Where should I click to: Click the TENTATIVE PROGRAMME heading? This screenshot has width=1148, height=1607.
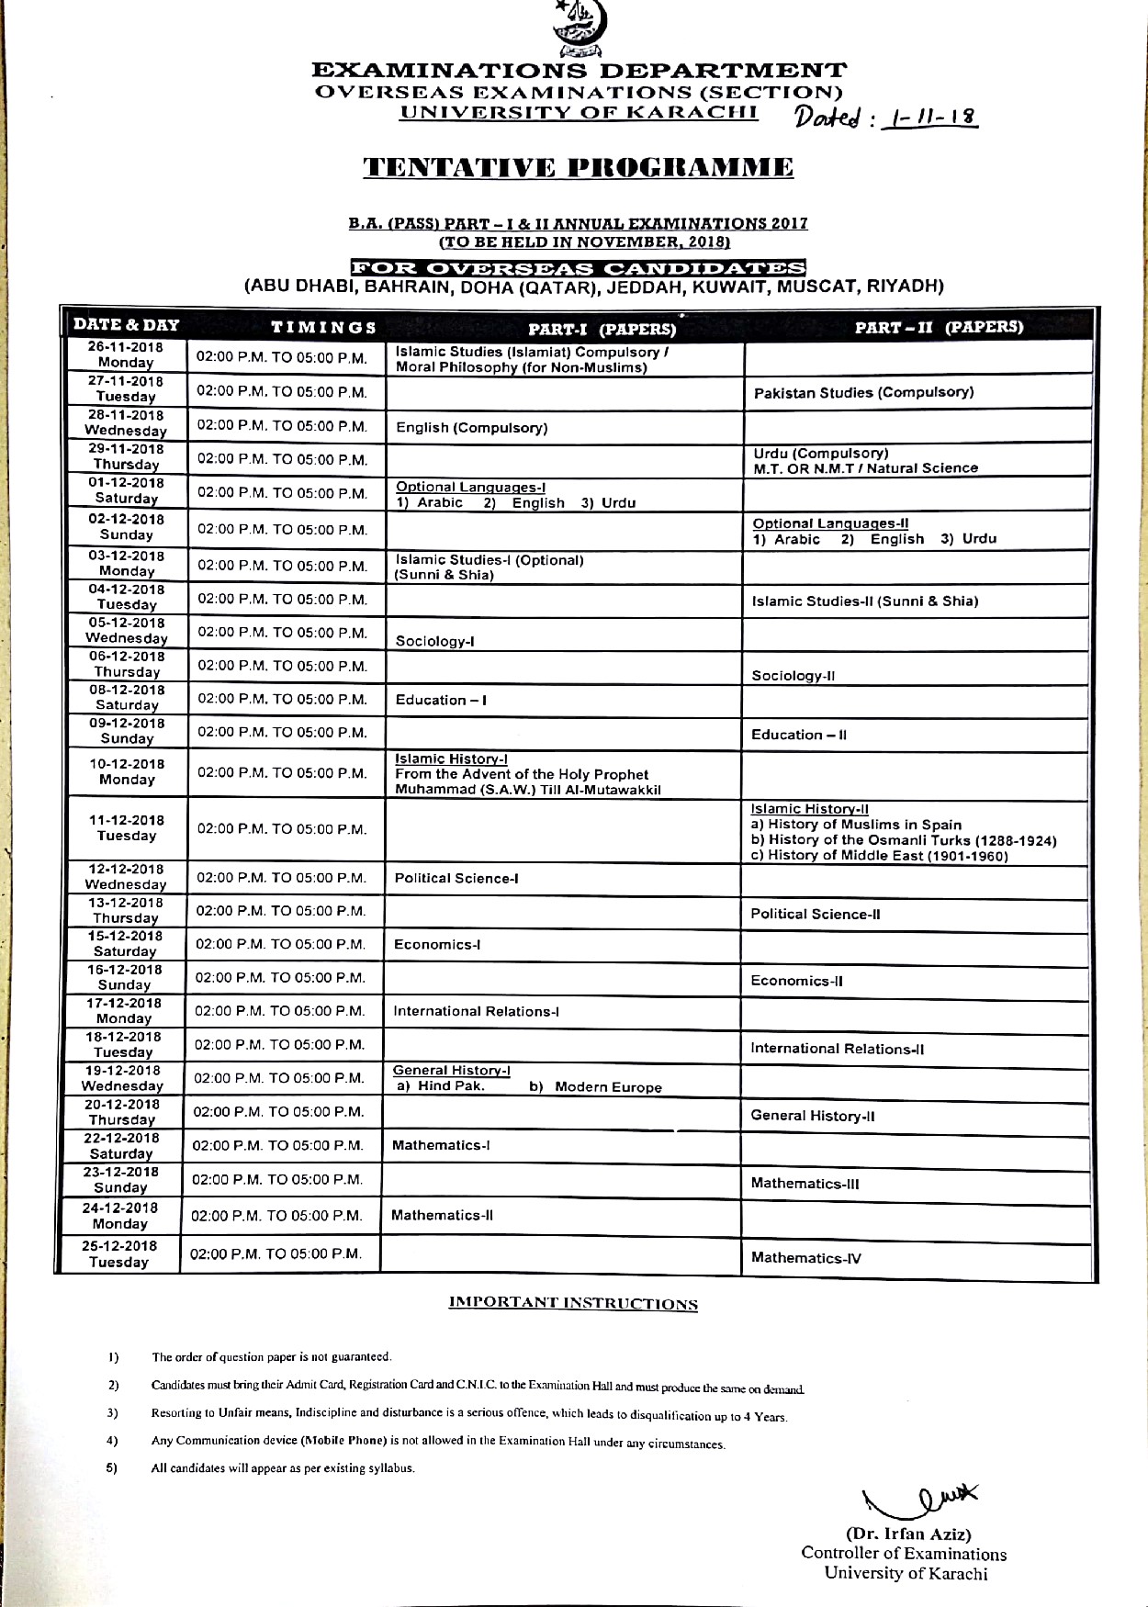(x=579, y=168)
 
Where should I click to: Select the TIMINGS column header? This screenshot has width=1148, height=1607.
(x=323, y=327)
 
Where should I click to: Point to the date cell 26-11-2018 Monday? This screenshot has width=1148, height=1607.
(x=126, y=354)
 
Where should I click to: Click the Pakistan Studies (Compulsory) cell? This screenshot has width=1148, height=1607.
(x=863, y=393)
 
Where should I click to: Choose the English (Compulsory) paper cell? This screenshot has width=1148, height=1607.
(x=472, y=428)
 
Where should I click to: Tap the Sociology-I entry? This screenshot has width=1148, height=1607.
(x=434, y=641)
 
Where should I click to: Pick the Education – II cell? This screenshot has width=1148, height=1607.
(x=799, y=735)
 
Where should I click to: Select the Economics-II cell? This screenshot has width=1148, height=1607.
(x=796, y=981)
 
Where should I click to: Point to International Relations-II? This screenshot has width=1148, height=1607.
(x=837, y=1049)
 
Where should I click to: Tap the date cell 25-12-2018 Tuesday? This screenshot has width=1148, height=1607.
(x=118, y=1253)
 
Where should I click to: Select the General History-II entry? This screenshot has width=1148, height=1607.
(x=812, y=1116)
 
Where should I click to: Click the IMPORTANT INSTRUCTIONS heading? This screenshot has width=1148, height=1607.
(x=573, y=1303)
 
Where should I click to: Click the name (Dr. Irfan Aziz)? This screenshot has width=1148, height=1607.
(x=907, y=1534)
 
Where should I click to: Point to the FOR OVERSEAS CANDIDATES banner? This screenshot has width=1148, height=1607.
(x=579, y=268)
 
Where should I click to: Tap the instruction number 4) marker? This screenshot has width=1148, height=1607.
(x=112, y=1440)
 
